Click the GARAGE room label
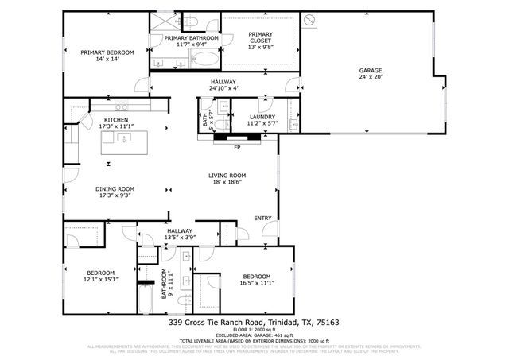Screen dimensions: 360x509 [x=370, y=70]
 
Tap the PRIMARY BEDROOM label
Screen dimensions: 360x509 [x=107, y=52]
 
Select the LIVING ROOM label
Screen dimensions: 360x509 [x=227, y=176]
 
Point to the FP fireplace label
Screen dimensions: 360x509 [x=237, y=147]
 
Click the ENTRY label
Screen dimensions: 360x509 [x=262, y=218]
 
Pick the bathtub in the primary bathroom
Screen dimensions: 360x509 [x=203, y=60]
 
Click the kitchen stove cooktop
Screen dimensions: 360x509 [x=121, y=106]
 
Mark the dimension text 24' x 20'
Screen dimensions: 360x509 [x=370, y=77]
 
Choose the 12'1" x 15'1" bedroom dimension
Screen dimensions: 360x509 [x=101, y=278]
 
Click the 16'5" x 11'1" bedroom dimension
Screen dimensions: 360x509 [x=256, y=282]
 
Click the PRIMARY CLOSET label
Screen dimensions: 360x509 [x=260, y=38]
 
